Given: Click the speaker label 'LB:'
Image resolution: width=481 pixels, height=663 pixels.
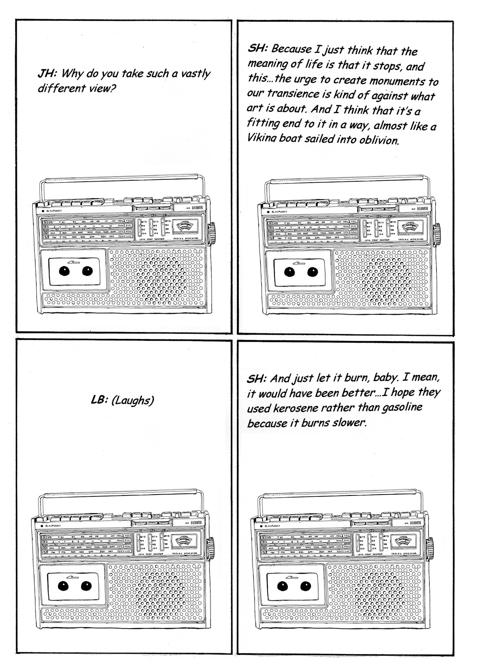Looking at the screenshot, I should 98,400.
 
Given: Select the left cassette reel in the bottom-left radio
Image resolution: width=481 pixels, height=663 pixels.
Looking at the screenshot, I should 63,586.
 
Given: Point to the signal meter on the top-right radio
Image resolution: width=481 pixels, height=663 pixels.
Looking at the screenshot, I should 408,229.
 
